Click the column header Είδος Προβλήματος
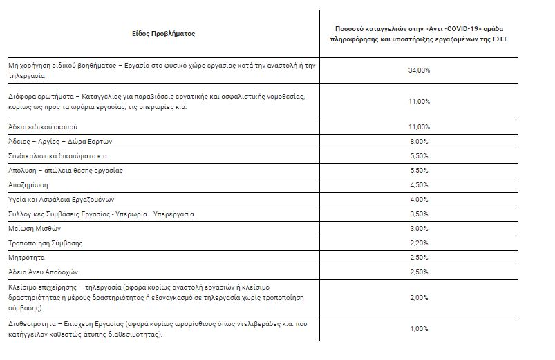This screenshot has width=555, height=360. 163,33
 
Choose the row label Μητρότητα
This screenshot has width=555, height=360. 26,258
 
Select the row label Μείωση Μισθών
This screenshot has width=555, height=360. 35,229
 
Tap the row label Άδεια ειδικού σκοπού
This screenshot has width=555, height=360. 44,127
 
